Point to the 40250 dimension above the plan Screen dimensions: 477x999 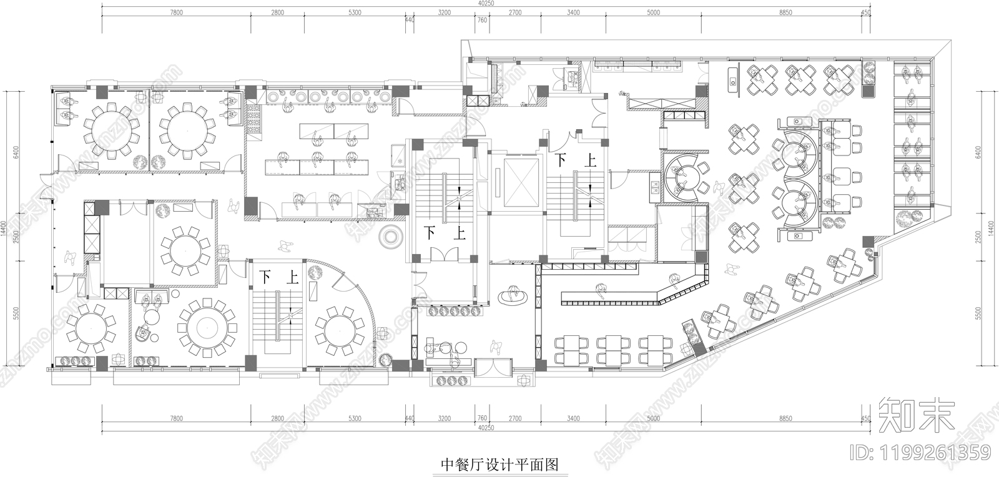(x=486, y=4)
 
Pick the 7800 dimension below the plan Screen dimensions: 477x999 (x=177, y=418)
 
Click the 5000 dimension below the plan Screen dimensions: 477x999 (x=653, y=418)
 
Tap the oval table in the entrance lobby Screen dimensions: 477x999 (x=514, y=296)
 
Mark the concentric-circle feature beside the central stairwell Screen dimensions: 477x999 (x=391, y=237)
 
